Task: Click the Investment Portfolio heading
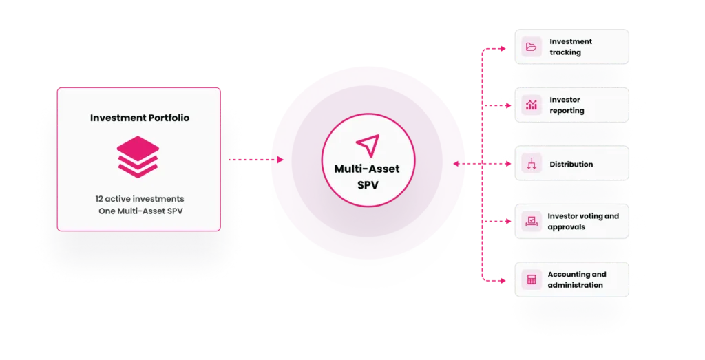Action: click(x=139, y=118)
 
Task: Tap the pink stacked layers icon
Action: click(x=138, y=157)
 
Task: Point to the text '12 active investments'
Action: click(x=139, y=199)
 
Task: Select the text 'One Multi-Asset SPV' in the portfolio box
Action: click(x=140, y=211)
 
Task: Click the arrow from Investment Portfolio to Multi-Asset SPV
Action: click(x=256, y=160)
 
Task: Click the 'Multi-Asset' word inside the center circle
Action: click(x=367, y=169)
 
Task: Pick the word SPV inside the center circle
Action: click(x=368, y=184)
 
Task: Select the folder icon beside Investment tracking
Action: click(x=532, y=47)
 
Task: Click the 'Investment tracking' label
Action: click(x=571, y=47)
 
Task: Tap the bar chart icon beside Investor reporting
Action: click(x=532, y=105)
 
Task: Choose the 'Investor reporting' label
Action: click(x=567, y=105)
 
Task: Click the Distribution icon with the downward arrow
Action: click(x=532, y=164)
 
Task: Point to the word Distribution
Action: click(x=571, y=164)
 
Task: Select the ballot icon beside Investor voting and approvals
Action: click(x=532, y=221)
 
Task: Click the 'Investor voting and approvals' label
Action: click(x=583, y=221)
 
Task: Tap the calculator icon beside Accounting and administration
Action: click(x=532, y=279)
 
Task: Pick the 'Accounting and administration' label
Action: click(x=577, y=279)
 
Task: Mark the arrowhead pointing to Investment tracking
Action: click(x=503, y=49)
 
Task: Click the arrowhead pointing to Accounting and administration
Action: click(x=503, y=281)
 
